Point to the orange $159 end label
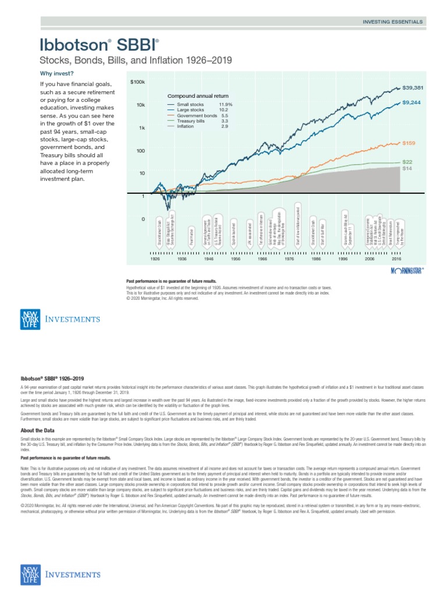[x=410, y=143]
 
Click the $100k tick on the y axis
[x=137, y=83]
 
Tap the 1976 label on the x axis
[x=289, y=258]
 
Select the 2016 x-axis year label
[x=396, y=258]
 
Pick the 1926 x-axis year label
[x=155, y=258]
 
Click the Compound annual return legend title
[x=198, y=96]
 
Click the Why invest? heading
[x=56, y=73]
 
